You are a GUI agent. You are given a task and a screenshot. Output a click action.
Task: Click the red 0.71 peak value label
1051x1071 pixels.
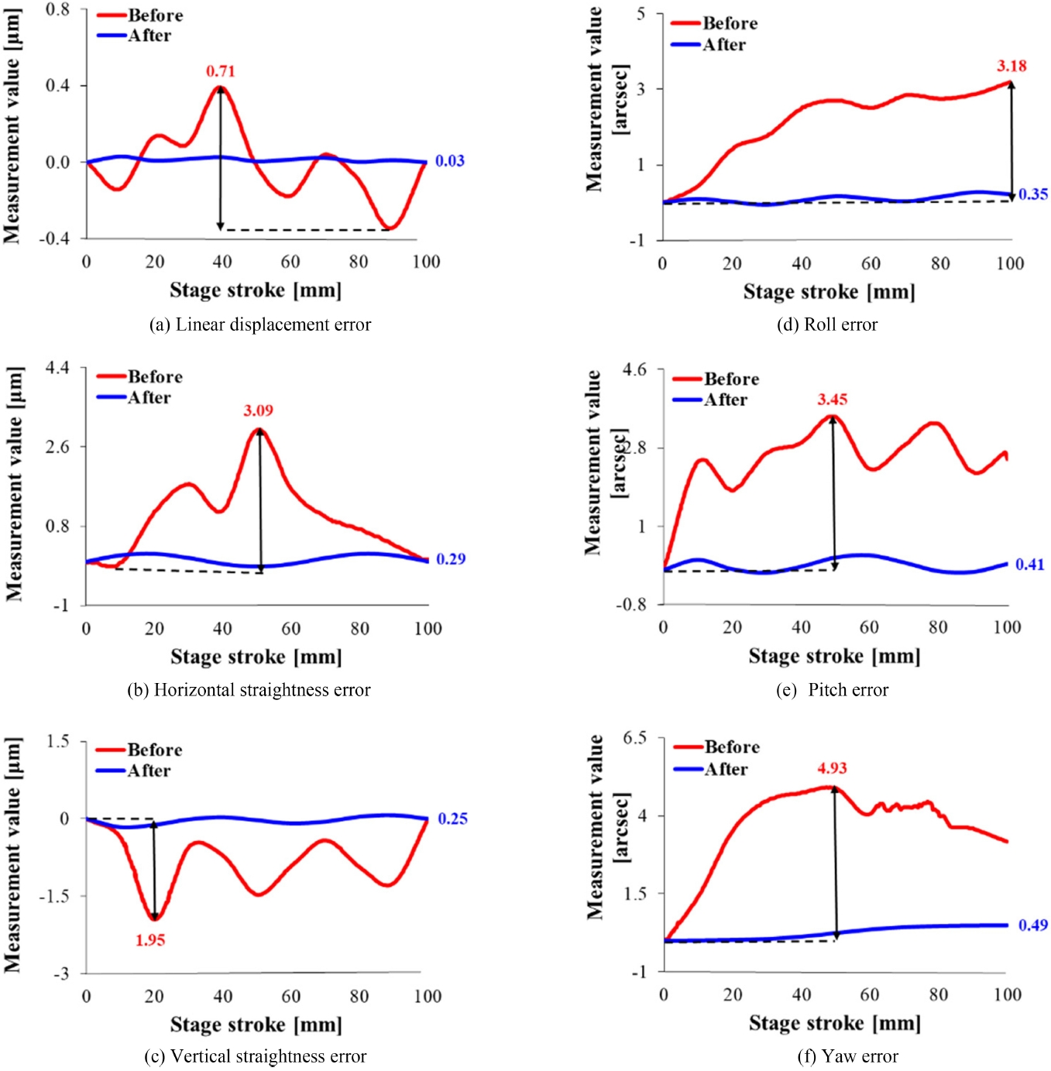coord(221,71)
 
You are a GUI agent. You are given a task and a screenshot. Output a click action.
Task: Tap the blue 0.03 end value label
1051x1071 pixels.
coord(449,161)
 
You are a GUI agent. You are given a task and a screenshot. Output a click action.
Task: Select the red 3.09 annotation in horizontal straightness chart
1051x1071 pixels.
coord(258,410)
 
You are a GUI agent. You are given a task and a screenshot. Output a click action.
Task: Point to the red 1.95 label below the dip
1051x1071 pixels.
coord(150,940)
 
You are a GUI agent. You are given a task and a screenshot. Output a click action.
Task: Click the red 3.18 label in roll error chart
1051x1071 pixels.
coord(1012,66)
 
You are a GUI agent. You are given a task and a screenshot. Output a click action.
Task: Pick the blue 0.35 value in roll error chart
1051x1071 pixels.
coord(1033,194)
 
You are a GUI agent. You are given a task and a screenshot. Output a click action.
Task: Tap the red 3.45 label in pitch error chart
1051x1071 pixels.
coord(833,400)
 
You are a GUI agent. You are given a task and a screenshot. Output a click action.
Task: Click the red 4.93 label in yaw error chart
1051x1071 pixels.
coord(832,768)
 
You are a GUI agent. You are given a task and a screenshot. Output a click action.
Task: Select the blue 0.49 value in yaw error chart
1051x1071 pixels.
coord(1033,925)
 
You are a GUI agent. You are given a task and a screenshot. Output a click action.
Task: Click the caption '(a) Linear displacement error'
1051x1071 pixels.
coord(260,324)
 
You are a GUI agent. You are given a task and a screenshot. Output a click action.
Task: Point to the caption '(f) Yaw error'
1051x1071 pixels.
coord(848,1056)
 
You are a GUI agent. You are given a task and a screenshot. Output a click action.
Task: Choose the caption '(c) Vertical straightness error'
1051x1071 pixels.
coord(256,1056)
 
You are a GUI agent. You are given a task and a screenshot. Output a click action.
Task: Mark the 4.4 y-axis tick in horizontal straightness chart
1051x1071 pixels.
coord(57,368)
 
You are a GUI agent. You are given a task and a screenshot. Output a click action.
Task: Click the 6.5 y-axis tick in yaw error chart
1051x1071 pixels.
coord(634,738)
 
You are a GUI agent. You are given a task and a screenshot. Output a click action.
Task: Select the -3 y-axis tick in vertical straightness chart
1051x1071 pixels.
coord(61,973)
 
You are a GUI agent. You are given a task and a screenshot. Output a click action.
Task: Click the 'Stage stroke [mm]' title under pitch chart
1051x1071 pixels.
coord(834,656)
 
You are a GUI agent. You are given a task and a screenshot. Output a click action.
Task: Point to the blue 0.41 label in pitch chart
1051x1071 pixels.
coord(1030,565)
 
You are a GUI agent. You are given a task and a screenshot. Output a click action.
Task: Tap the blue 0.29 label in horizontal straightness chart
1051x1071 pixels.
coord(451,559)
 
